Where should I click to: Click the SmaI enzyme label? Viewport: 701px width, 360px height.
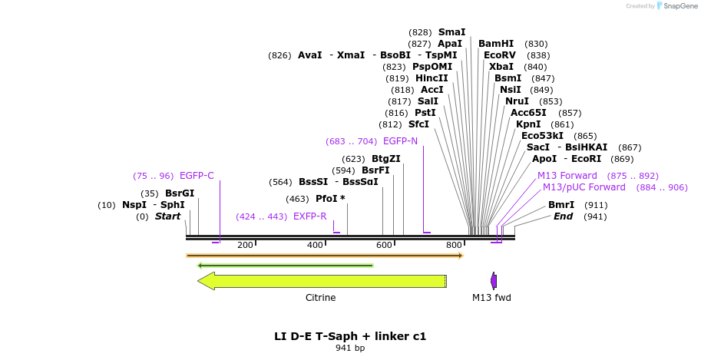(451, 32)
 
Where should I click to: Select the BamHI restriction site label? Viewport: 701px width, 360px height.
(495, 44)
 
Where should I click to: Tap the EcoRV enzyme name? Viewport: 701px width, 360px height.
(500, 55)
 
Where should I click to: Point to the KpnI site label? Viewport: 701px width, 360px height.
(528, 124)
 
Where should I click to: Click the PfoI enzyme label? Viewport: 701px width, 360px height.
(326, 199)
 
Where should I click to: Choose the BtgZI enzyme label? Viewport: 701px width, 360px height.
(386, 159)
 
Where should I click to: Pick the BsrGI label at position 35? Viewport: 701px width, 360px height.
(180, 193)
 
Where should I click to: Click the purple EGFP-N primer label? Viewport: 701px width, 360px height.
(400, 141)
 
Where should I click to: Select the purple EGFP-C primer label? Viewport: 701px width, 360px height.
(197, 176)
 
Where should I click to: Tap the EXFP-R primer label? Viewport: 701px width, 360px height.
(309, 216)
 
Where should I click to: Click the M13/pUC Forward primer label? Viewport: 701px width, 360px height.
(584, 187)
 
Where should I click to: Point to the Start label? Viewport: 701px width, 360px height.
(167, 216)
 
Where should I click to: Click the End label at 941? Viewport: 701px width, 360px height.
(563, 216)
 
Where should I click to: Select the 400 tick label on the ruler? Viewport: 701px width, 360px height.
(316, 245)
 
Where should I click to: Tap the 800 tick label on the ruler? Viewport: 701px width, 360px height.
(454, 245)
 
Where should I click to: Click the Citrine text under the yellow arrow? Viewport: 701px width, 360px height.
(321, 298)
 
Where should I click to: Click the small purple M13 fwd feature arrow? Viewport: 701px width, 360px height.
(494, 281)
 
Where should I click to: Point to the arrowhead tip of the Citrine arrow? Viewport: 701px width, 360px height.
(200, 281)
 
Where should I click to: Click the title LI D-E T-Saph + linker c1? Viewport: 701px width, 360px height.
(350, 336)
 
